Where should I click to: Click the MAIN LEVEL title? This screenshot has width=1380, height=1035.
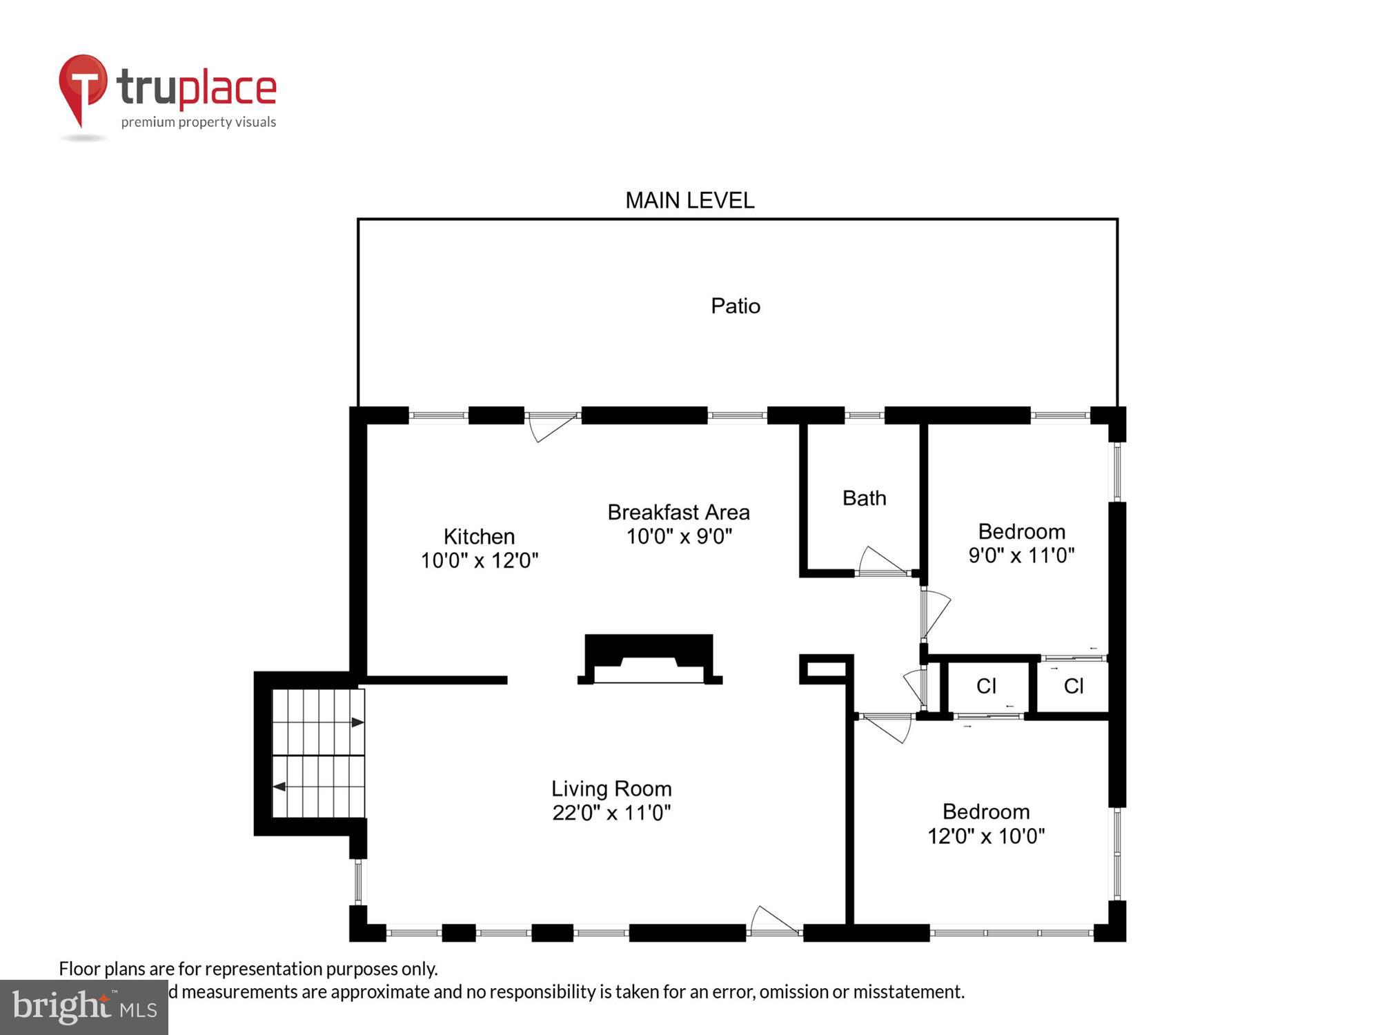point(689,201)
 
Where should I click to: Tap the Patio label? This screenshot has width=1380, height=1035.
point(736,306)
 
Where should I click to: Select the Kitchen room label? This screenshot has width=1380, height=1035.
point(479,536)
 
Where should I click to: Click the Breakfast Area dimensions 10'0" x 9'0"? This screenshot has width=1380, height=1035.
point(679,536)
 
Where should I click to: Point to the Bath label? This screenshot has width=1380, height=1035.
point(864,497)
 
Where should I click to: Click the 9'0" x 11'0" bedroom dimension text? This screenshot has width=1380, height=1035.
point(1021,555)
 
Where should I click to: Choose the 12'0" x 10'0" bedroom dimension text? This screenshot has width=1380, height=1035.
point(985,836)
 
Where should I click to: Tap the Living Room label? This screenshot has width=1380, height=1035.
point(611,788)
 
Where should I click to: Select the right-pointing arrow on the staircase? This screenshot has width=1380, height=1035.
point(357,722)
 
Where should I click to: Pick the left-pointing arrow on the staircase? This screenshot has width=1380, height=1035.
point(280,787)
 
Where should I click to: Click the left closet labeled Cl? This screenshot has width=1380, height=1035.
point(986,686)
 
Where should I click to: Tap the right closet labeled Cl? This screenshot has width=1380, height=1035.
point(1074,686)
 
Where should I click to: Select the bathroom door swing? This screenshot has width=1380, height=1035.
point(882,560)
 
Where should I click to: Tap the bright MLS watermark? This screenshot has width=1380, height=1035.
point(84,1007)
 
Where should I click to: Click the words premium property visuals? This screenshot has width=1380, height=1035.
point(199,122)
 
